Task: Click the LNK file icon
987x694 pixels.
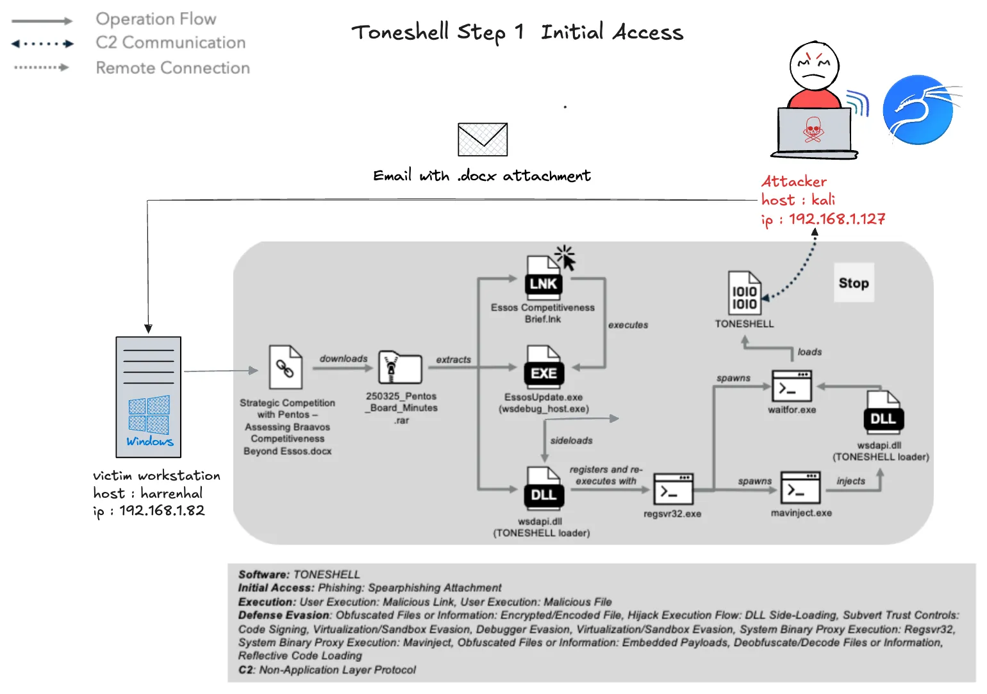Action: [x=543, y=278]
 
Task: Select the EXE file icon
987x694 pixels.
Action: [x=543, y=366]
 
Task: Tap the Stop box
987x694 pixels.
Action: [x=854, y=283]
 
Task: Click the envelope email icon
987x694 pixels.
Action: [x=483, y=139]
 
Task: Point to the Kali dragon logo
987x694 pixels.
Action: [x=920, y=110]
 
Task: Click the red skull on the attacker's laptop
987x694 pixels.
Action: [x=813, y=130]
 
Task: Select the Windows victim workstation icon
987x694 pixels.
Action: [x=149, y=397]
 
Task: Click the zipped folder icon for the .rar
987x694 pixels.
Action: [x=400, y=368]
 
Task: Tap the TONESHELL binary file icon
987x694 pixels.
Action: [x=744, y=292]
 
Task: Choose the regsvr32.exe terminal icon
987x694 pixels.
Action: [x=673, y=489]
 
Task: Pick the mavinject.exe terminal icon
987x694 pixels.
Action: [x=800, y=487]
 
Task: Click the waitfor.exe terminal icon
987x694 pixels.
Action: [x=792, y=386]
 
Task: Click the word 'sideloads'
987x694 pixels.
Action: [x=571, y=441]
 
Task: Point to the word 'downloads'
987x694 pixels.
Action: [x=344, y=359]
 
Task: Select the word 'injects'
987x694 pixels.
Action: [x=851, y=481]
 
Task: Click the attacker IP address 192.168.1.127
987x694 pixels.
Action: [x=837, y=219]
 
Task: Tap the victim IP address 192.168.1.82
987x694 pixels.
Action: [x=162, y=510]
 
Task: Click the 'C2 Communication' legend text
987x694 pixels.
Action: [x=170, y=42]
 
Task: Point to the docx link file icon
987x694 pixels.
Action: [x=286, y=367]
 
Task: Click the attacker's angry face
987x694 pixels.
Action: [x=814, y=66]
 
